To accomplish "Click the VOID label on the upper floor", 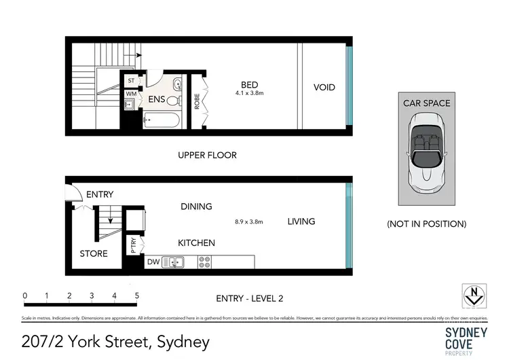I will (324, 88).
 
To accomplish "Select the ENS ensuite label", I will (157, 99).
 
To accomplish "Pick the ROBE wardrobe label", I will (197, 101).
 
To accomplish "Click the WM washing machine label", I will (130, 94).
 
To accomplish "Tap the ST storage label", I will (130, 80).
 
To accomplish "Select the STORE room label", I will (94, 253).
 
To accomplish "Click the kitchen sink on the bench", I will (175, 261).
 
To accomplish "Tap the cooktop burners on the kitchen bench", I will (204, 261).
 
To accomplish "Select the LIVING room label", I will (301, 221).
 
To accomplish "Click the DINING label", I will (196, 206).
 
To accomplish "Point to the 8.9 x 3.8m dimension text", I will (248, 221).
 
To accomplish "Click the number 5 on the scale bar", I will (137, 295).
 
